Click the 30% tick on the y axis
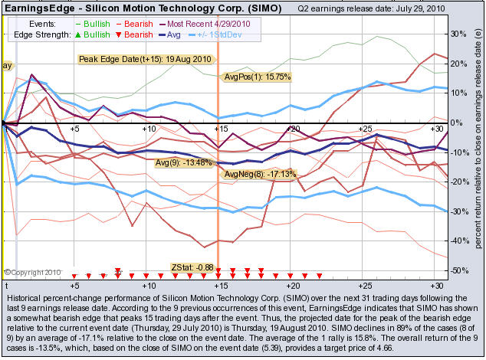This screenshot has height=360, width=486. tap(458, 34)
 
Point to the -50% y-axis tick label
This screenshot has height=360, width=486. tap(458, 270)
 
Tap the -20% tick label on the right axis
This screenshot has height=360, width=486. tap(458, 182)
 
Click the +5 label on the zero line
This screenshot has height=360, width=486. tap(74, 129)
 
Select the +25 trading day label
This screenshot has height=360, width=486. tap(365, 129)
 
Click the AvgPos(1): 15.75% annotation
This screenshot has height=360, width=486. tap(256, 77)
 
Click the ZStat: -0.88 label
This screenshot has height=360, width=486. tap(192, 267)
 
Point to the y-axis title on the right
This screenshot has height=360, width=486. tap(477, 146)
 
